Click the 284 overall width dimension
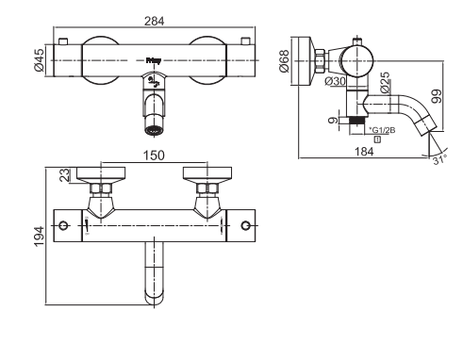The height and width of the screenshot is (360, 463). [154, 21]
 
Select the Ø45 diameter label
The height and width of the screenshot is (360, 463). [40, 60]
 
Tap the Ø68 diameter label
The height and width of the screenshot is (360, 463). [284, 61]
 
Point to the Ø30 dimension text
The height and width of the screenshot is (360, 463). [336, 81]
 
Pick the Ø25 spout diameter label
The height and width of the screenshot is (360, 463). [385, 83]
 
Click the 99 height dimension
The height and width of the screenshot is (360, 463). [437, 97]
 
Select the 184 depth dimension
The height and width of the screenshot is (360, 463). [364, 152]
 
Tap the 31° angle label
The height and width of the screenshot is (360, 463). [439, 160]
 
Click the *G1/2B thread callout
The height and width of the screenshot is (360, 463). [382, 130]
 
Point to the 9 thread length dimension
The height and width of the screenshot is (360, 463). [333, 121]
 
